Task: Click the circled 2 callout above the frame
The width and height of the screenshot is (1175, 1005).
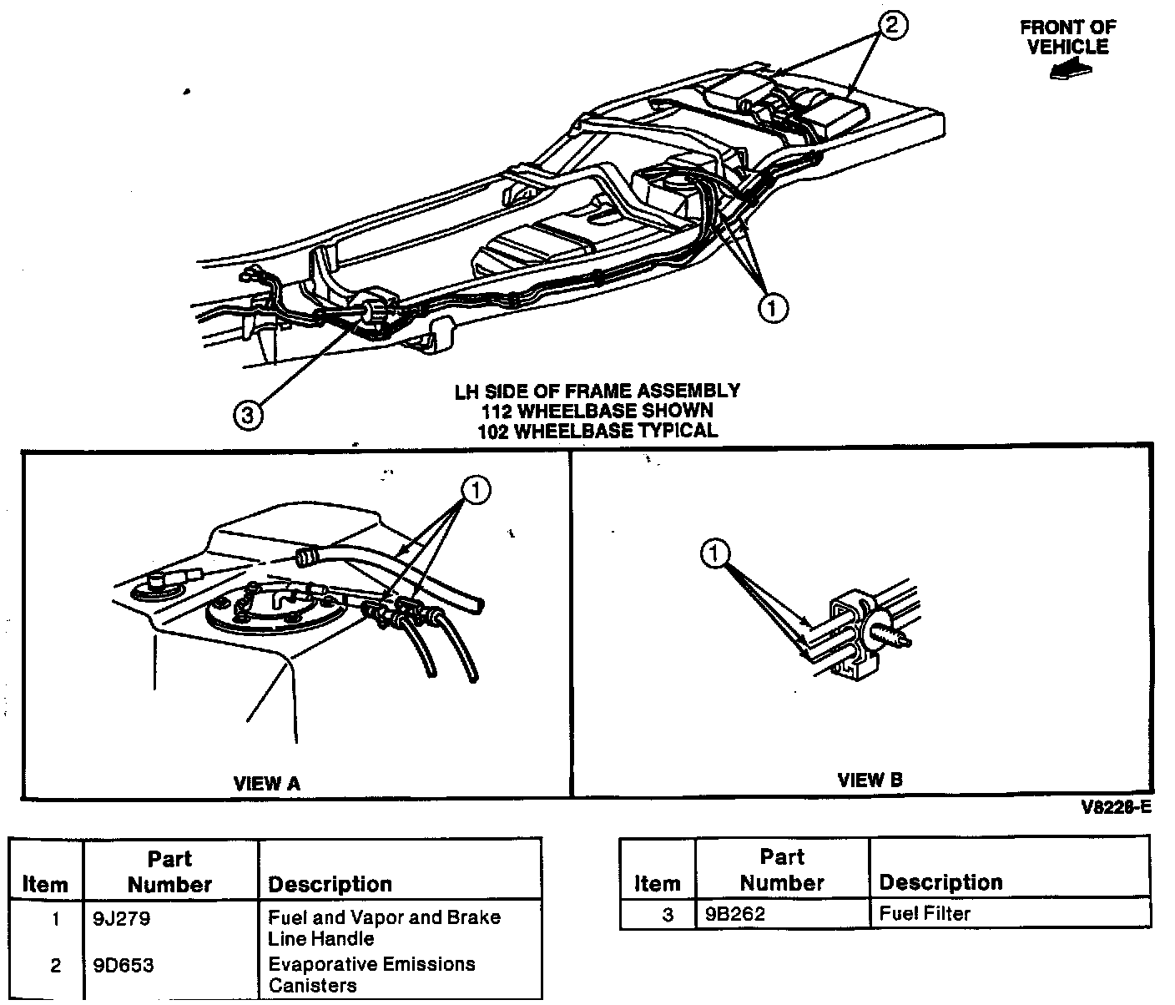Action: pos(890,26)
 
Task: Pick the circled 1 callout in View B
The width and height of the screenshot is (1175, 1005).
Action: pos(715,553)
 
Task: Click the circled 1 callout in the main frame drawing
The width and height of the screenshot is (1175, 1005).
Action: pos(773,308)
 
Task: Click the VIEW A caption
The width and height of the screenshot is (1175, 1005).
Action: pos(266,783)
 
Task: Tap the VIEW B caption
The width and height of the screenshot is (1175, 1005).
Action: pos(870,780)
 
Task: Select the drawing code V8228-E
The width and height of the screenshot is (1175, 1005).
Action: pos(1116,807)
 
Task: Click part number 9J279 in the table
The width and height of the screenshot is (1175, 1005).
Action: pos(122,919)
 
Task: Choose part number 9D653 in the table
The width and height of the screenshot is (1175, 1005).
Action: pos(124,966)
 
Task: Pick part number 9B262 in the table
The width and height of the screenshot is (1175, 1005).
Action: pos(735,914)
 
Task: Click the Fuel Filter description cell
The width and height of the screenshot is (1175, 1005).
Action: pos(925,914)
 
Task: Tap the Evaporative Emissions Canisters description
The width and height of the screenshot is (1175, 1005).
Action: pos(371,975)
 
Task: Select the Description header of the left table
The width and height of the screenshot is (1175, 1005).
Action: pos(330,884)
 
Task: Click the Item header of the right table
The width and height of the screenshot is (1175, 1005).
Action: pos(658,882)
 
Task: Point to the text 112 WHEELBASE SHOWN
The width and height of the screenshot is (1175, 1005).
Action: pos(597,411)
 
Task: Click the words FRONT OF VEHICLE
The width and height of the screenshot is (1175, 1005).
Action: pos(1067,37)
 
